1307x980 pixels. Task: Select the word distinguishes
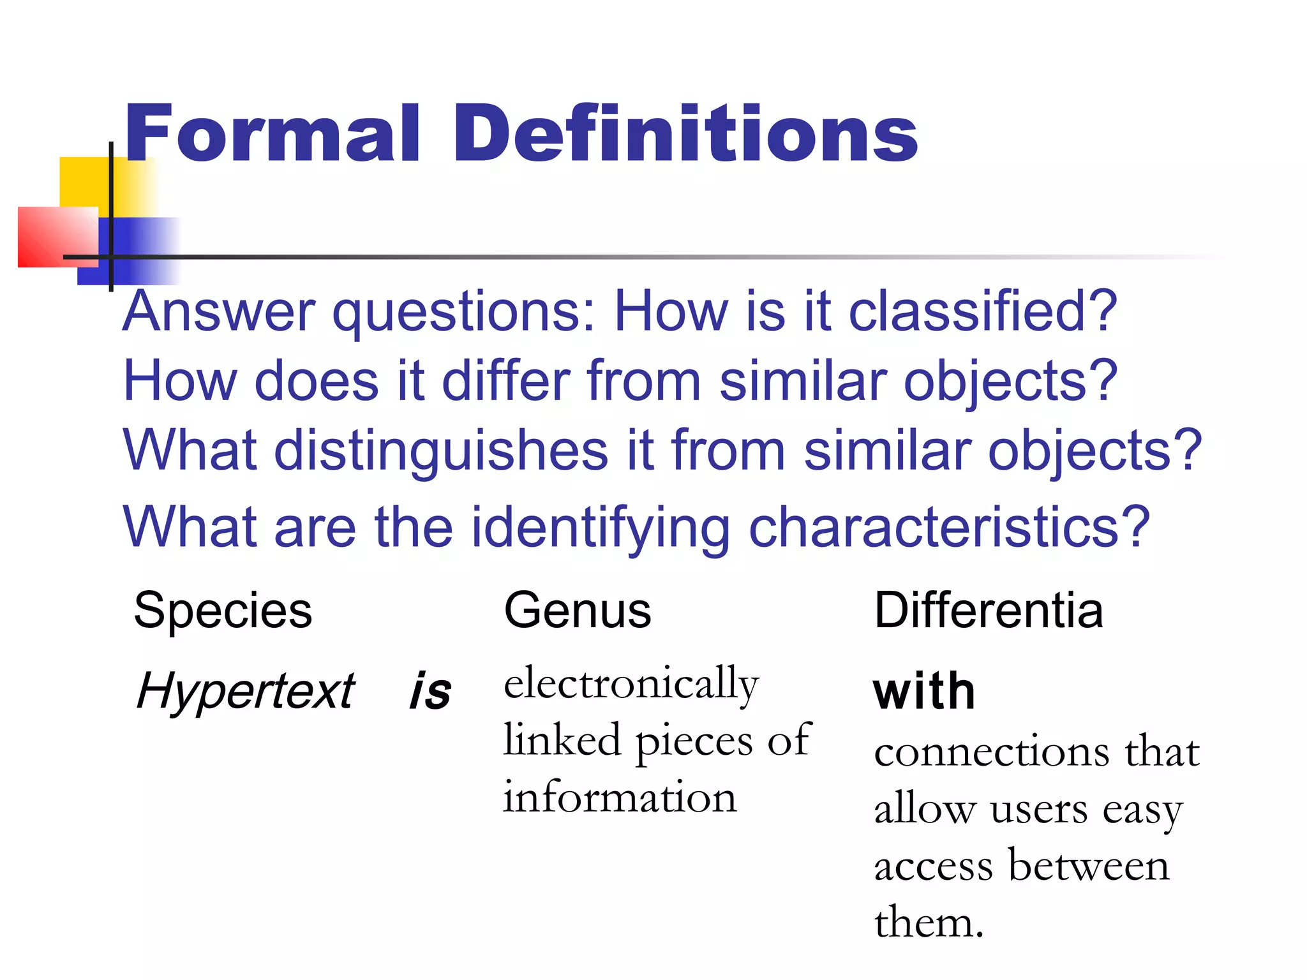coord(441,452)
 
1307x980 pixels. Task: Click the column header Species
coord(223,611)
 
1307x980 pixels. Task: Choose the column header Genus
coord(577,611)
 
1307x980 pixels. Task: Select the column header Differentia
coord(988,611)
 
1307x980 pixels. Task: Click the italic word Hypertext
coord(246,692)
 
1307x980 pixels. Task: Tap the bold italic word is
coord(430,692)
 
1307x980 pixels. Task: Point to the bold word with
coord(924,692)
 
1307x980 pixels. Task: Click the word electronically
coord(631,685)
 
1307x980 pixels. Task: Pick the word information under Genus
coord(620,798)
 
